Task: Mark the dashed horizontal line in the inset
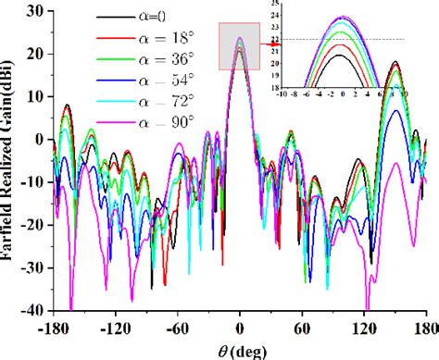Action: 389,40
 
